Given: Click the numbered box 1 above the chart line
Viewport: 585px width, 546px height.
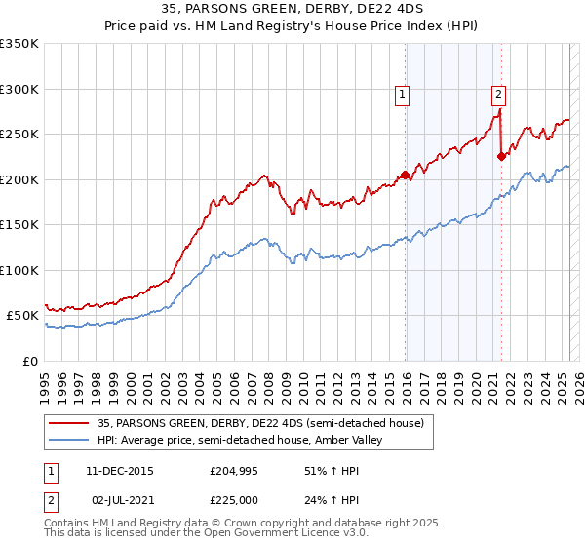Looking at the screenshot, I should coord(402,95).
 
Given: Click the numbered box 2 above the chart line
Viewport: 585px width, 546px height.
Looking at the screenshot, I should coord(498,95).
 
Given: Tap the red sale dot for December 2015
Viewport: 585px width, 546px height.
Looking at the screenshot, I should coord(405,175).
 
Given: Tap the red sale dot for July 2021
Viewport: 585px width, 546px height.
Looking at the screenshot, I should coord(501,155).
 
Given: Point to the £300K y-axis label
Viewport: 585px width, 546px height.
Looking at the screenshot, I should coord(19,89).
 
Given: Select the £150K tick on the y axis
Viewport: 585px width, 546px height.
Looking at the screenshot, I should coord(19,225).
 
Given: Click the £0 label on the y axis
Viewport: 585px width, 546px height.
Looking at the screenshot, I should coord(29,362).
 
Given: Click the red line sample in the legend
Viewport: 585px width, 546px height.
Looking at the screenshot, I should coord(69,423).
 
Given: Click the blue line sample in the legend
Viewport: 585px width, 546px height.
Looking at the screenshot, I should coord(69,441).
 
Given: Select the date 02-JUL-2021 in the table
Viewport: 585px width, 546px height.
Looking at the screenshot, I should coord(122,500).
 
